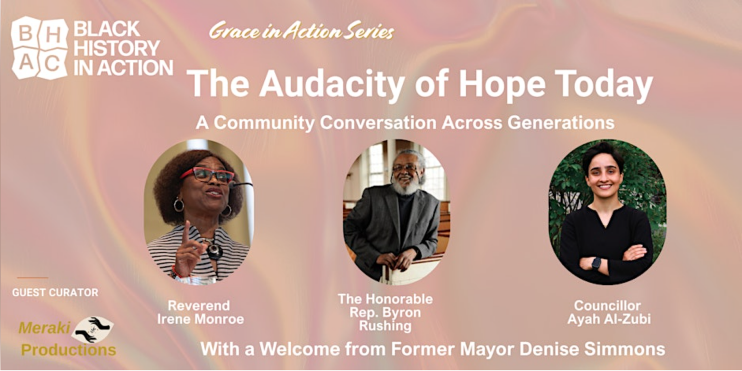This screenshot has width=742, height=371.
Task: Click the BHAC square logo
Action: (40, 48)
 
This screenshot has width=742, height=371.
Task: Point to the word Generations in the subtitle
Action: (561, 123)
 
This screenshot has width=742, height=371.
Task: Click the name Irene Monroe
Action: (200, 319)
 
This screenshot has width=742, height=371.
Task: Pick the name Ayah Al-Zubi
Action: (609, 319)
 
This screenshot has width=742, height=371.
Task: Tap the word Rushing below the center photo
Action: (385, 326)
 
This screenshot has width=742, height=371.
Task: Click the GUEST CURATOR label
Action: (56, 292)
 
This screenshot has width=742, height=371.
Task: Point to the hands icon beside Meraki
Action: (92, 329)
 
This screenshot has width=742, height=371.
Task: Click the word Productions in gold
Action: (69, 350)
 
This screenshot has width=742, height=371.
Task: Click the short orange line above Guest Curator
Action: (33, 278)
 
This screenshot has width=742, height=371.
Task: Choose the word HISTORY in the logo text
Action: (117, 49)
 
